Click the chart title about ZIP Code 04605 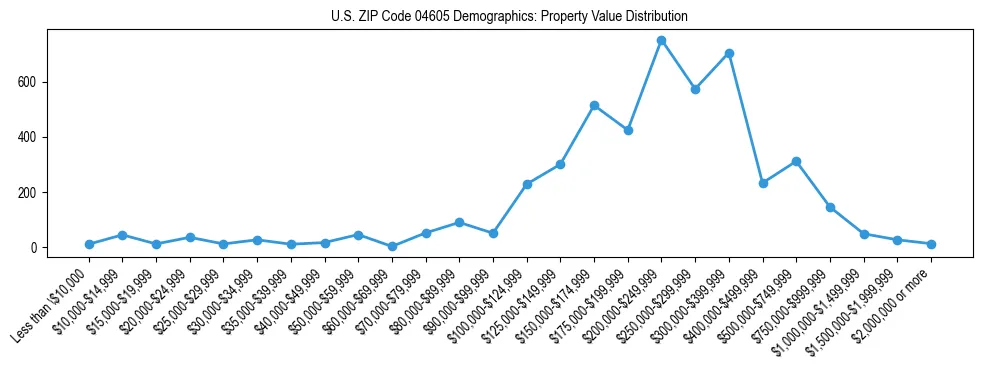tap(509, 17)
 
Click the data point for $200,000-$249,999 tap(661, 40)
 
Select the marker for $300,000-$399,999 tap(729, 53)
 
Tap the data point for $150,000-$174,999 tap(594, 105)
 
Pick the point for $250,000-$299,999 tap(695, 89)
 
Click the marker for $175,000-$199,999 tap(628, 130)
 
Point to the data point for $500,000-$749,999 tap(796, 161)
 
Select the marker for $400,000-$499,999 tap(763, 183)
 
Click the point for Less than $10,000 tap(89, 244)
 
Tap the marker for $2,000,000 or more tap(931, 244)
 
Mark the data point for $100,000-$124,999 tap(527, 184)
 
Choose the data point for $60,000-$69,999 tap(392, 246)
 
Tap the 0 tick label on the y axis tap(35, 248)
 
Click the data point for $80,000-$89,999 tap(459, 222)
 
